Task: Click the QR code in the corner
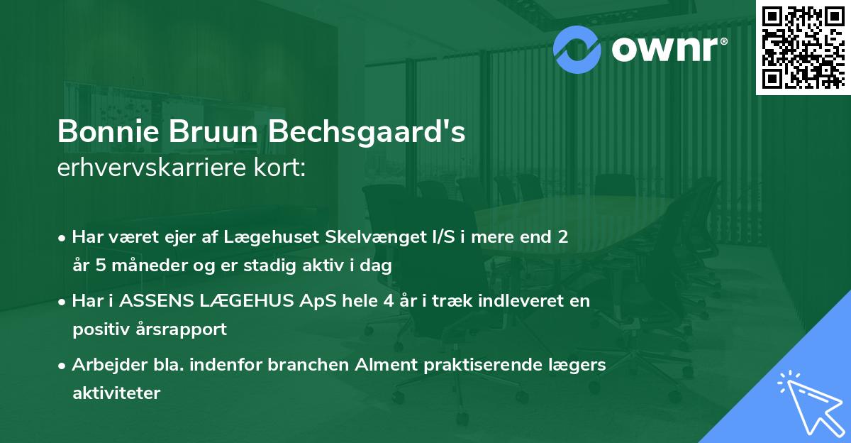803,47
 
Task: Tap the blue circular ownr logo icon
577,50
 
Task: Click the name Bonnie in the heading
109,131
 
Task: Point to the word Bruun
213,131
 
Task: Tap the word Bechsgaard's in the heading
367,132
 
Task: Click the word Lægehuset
271,237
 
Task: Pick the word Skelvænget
377,237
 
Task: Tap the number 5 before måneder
100,265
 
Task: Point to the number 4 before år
389,301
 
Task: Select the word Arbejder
109,365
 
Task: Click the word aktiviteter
116,393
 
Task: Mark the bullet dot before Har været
61,239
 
